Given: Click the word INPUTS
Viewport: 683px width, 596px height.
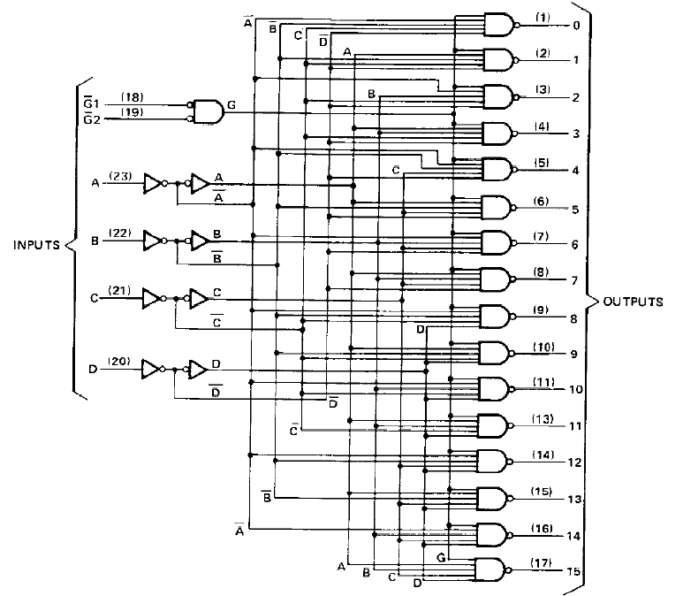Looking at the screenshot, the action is (x=36, y=245).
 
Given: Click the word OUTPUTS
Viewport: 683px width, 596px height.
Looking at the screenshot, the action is (x=633, y=302).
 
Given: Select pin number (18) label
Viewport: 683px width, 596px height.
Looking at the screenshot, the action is (x=132, y=96).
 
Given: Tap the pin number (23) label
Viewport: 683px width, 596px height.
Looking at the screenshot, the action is (x=120, y=176).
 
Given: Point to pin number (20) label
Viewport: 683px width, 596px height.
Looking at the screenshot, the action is (x=119, y=362).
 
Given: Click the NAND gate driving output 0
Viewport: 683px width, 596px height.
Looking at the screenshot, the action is (x=501, y=25).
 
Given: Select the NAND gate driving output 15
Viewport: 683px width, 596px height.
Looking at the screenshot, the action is (x=493, y=569).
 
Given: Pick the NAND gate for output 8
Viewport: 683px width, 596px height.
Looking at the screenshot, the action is (x=497, y=317).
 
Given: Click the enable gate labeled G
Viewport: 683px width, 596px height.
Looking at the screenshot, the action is (x=207, y=112).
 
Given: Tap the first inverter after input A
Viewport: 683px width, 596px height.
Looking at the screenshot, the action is (x=155, y=184).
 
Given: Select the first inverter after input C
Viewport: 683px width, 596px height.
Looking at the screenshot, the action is (x=154, y=299).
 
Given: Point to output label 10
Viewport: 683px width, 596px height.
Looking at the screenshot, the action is (x=576, y=389).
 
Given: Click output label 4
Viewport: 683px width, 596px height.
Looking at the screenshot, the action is (x=575, y=170).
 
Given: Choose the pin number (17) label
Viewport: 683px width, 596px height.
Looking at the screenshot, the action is (x=542, y=563).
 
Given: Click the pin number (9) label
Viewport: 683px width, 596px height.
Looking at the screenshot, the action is (x=541, y=310).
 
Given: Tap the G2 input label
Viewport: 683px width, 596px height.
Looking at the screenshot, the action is (x=92, y=118).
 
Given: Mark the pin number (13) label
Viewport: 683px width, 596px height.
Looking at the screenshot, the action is (x=543, y=419).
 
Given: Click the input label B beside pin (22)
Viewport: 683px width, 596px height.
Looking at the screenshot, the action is (x=95, y=241).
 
